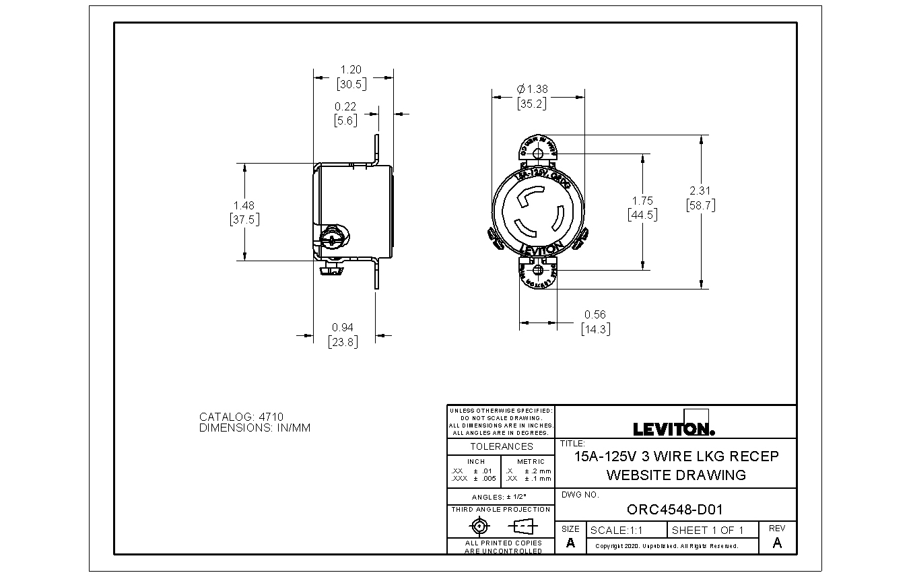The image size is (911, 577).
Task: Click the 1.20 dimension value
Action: point(351,69)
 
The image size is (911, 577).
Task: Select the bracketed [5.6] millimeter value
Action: point(345,121)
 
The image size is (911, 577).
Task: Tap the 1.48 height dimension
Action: point(244,205)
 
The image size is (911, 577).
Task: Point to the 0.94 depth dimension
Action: point(343,327)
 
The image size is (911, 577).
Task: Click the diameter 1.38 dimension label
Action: point(531,89)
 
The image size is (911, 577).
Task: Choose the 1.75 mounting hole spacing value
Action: point(642,201)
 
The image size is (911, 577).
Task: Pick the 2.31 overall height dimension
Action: point(700,191)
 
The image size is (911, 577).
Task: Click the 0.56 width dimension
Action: point(595,314)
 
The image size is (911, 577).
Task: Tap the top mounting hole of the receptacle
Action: point(537,154)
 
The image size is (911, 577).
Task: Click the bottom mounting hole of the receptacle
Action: point(537,270)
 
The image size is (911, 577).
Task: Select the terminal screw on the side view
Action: point(333,238)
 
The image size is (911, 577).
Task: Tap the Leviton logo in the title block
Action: point(674,429)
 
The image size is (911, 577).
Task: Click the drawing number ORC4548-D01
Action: point(674,510)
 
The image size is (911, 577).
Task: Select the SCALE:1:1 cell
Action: point(616,530)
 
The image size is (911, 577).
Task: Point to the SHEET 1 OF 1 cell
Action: point(708,530)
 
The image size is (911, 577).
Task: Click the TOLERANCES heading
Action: point(501,446)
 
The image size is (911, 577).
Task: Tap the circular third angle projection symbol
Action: point(479,526)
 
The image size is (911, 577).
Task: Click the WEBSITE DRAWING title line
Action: point(676,475)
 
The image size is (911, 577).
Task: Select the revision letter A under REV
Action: point(777,543)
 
